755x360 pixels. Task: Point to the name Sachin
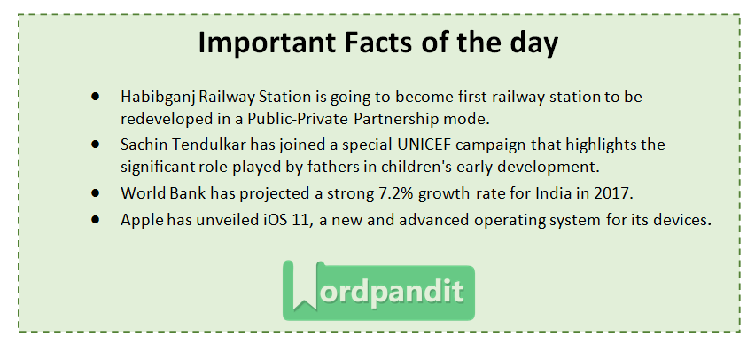click(144, 144)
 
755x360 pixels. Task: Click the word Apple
click(140, 221)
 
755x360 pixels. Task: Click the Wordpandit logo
click(378, 290)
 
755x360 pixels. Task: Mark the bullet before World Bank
click(94, 192)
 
